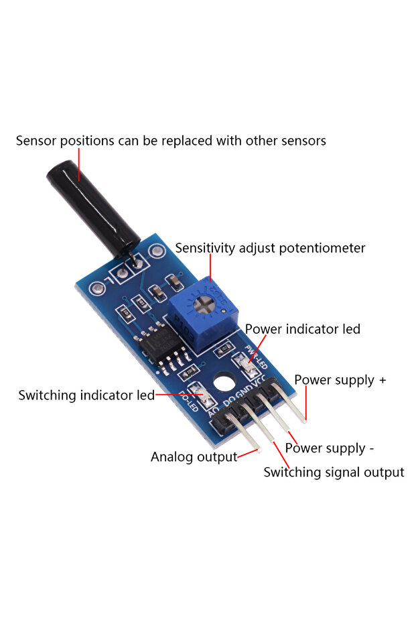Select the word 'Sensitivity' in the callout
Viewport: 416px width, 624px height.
pos(206,248)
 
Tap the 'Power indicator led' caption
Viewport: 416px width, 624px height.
pos(302,329)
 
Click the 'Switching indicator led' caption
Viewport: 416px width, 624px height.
pos(86,395)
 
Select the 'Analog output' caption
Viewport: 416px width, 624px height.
pos(194,457)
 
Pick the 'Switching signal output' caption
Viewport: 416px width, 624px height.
pos(334,473)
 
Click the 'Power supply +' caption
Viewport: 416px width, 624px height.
pos(340,380)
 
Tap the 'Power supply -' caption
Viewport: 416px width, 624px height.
pos(325,448)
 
